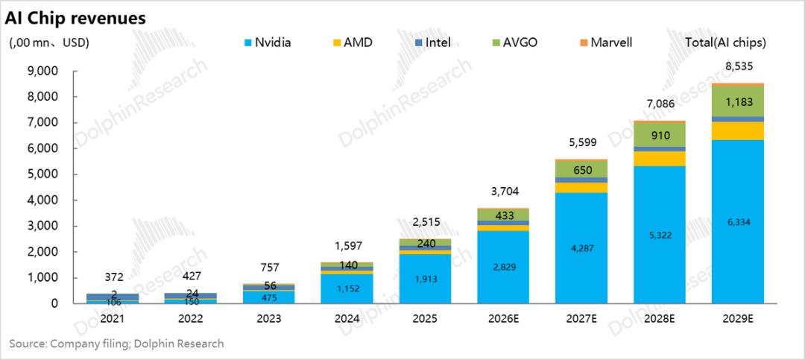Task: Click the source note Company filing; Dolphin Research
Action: (x=116, y=344)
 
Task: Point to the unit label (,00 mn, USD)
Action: (x=49, y=42)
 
